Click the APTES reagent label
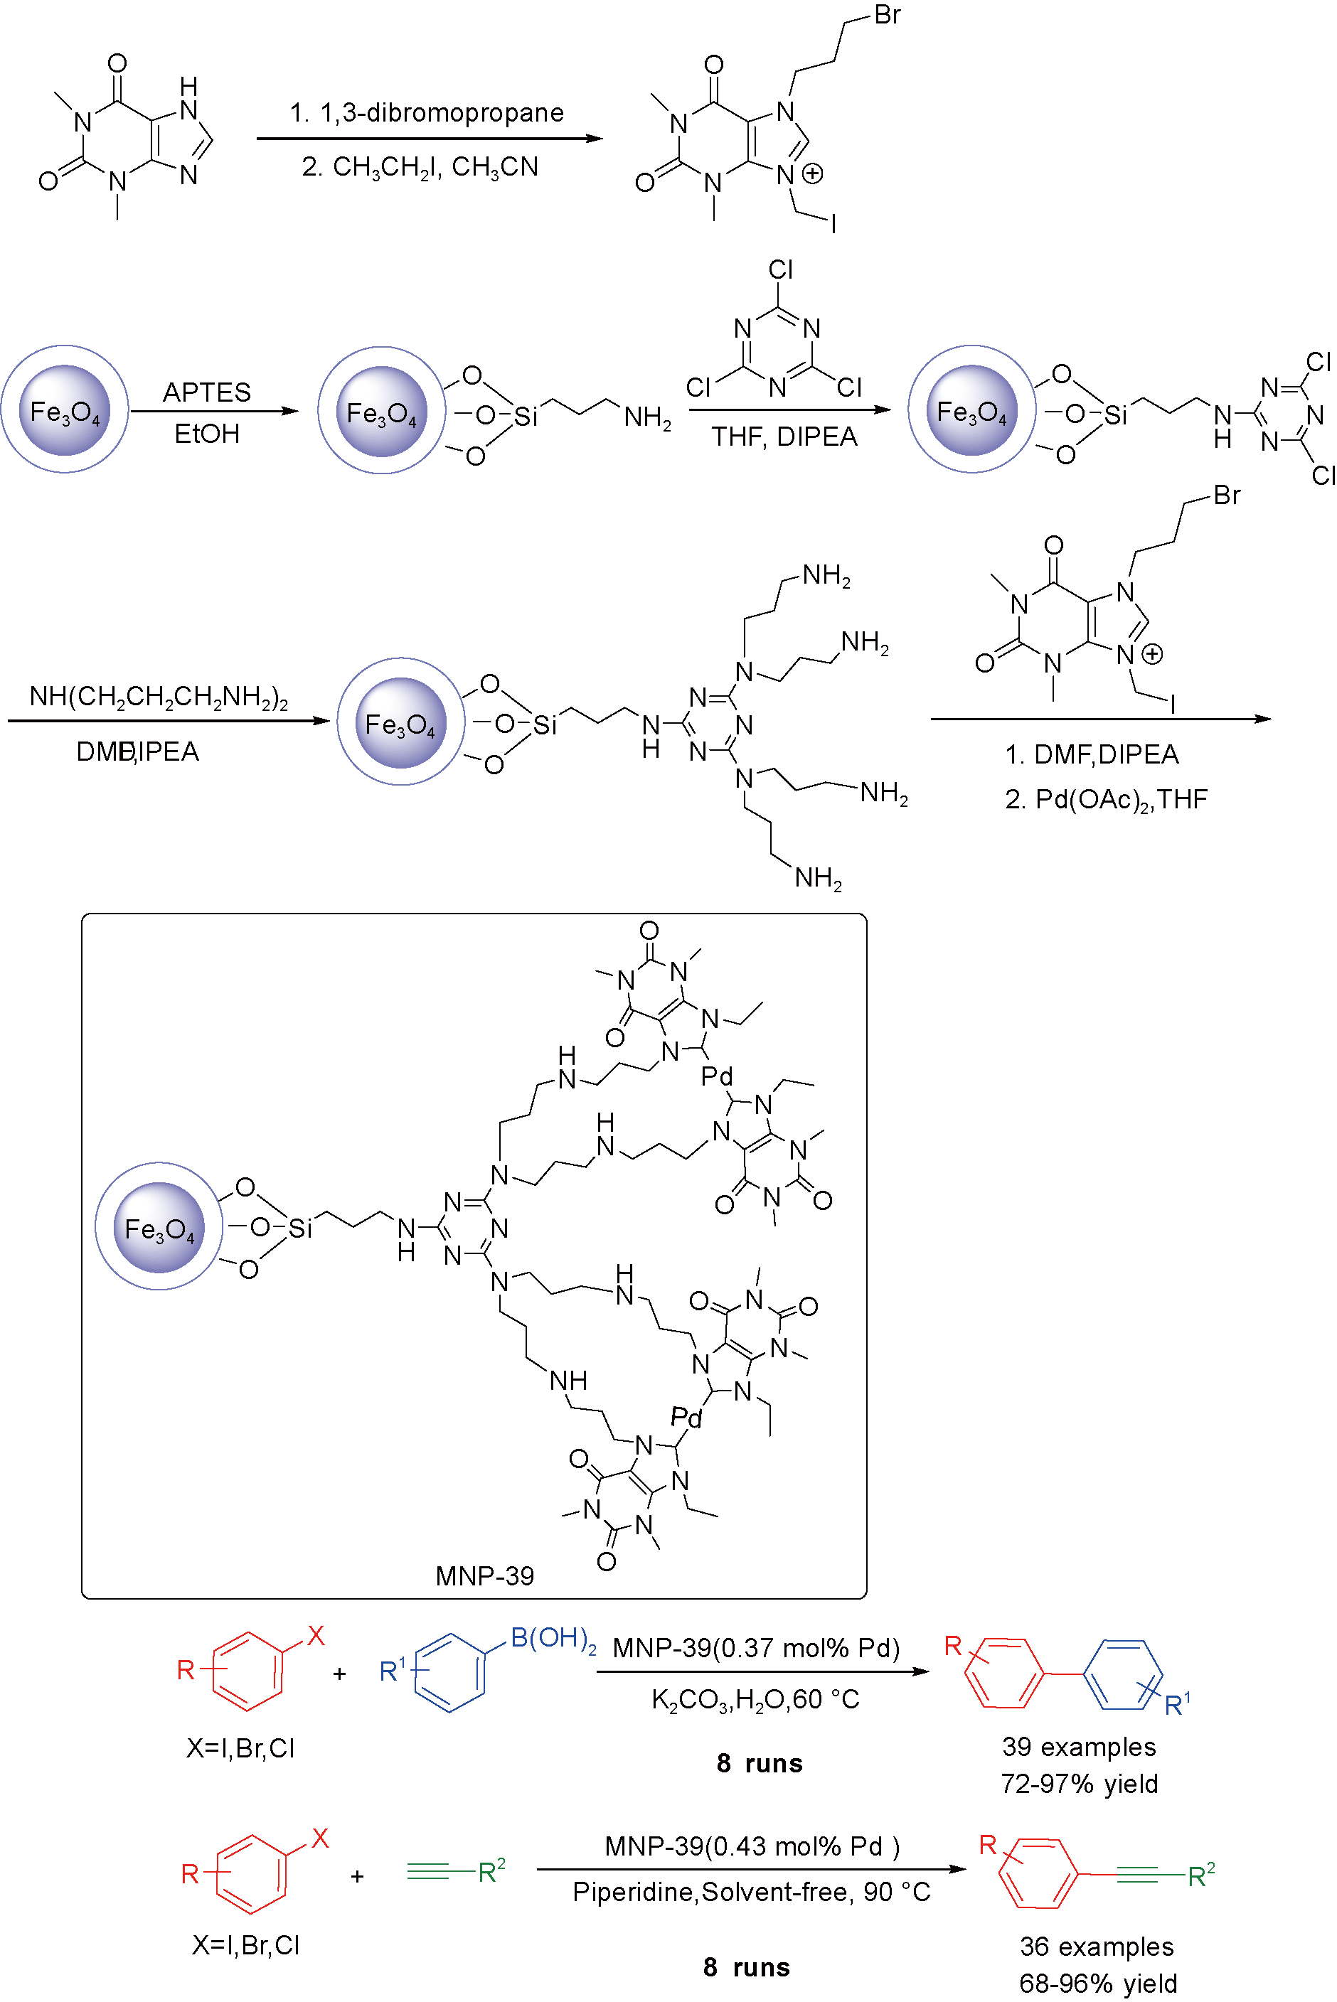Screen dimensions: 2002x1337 point(206,392)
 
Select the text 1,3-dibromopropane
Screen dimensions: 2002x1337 point(442,112)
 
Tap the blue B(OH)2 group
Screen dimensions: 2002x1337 point(553,1638)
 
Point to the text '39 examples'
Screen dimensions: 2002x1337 point(1079,1746)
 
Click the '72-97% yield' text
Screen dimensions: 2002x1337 point(1079,1784)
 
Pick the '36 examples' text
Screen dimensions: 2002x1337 point(1097,1947)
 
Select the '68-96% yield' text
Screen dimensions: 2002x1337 point(1097,1984)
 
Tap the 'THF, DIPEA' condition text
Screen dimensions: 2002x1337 point(784,437)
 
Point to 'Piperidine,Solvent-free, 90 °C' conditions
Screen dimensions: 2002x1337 point(751,1892)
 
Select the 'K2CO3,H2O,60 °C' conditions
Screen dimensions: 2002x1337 point(755,1699)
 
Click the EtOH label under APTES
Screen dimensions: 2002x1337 point(206,434)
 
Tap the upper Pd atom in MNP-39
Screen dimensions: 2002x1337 point(716,1076)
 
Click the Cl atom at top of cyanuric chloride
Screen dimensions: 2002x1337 point(780,269)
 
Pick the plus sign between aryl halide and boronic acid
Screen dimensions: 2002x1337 point(339,1674)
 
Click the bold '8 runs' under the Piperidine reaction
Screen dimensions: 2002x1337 point(746,1967)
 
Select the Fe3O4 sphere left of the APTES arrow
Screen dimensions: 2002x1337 point(65,410)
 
